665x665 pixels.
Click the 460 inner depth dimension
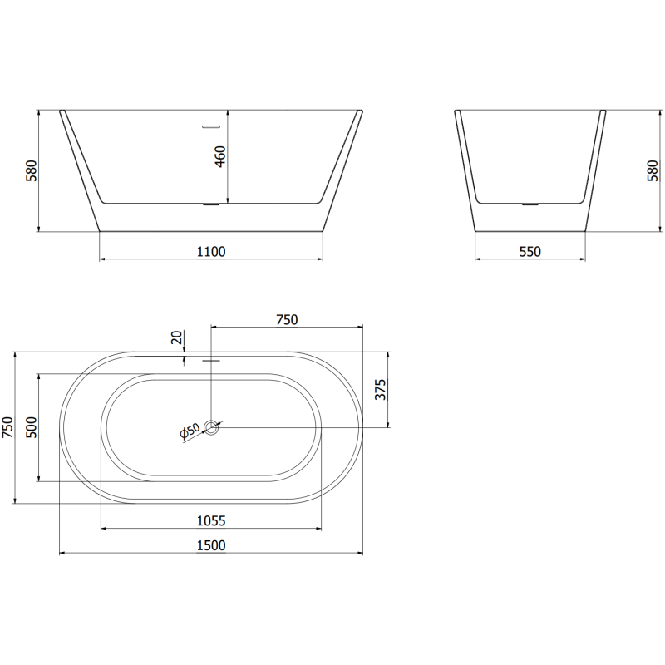tap(220, 155)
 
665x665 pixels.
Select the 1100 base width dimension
tap(211, 251)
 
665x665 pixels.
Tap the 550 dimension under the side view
tap(530, 251)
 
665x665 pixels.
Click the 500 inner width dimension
tap(32, 427)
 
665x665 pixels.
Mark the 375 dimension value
tap(381, 389)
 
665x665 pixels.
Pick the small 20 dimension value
tap(175, 337)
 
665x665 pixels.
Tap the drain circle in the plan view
tap(212, 428)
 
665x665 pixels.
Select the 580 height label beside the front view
tap(32, 170)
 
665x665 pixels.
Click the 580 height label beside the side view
tap(653, 170)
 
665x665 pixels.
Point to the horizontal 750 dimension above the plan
tap(287, 319)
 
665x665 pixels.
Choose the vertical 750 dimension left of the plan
tap(7, 427)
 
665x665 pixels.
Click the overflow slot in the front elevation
tap(211, 127)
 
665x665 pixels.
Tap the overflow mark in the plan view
tap(211, 361)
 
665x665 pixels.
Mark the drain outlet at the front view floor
tap(211, 203)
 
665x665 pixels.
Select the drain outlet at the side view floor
tap(530, 202)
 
